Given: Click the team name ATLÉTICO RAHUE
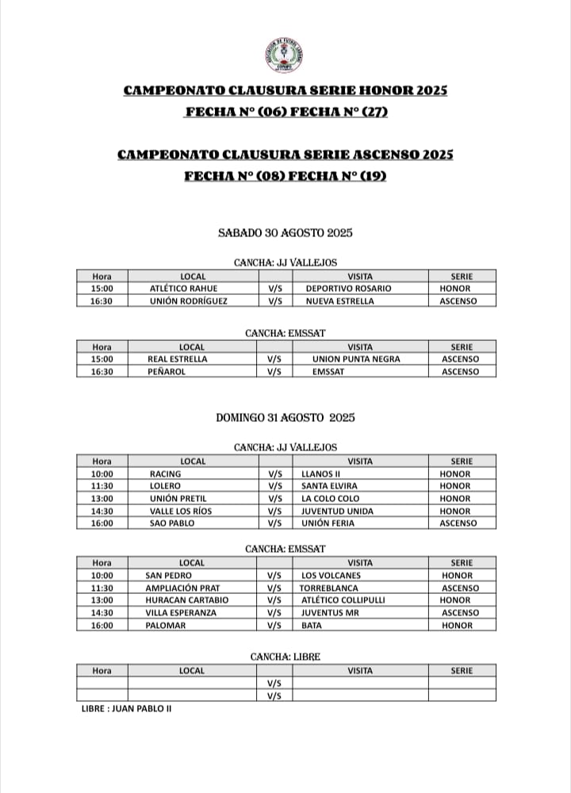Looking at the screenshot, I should [x=183, y=289].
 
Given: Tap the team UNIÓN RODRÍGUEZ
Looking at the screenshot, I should [x=188, y=301].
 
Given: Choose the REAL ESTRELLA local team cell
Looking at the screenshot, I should [x=178, y=359].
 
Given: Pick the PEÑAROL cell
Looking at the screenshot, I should [x=167, y=372].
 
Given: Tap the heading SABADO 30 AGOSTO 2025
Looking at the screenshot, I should [x=285, y=233].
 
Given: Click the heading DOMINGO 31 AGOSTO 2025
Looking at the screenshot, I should [x=285, y=417].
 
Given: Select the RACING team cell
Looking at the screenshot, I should [x=165, y=474].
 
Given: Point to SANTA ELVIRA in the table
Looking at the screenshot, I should [x=329, y=486].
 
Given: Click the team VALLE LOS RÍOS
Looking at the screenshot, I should [x=181, y=511].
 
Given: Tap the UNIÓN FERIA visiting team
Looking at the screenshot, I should [x=328, y=523].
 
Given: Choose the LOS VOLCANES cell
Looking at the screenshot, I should [x=331, y=576].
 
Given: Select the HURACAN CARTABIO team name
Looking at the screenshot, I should [x=186, y=600].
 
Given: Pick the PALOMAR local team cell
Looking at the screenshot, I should [x=166, y=626].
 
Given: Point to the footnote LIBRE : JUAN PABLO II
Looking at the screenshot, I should [x=126, y=708].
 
